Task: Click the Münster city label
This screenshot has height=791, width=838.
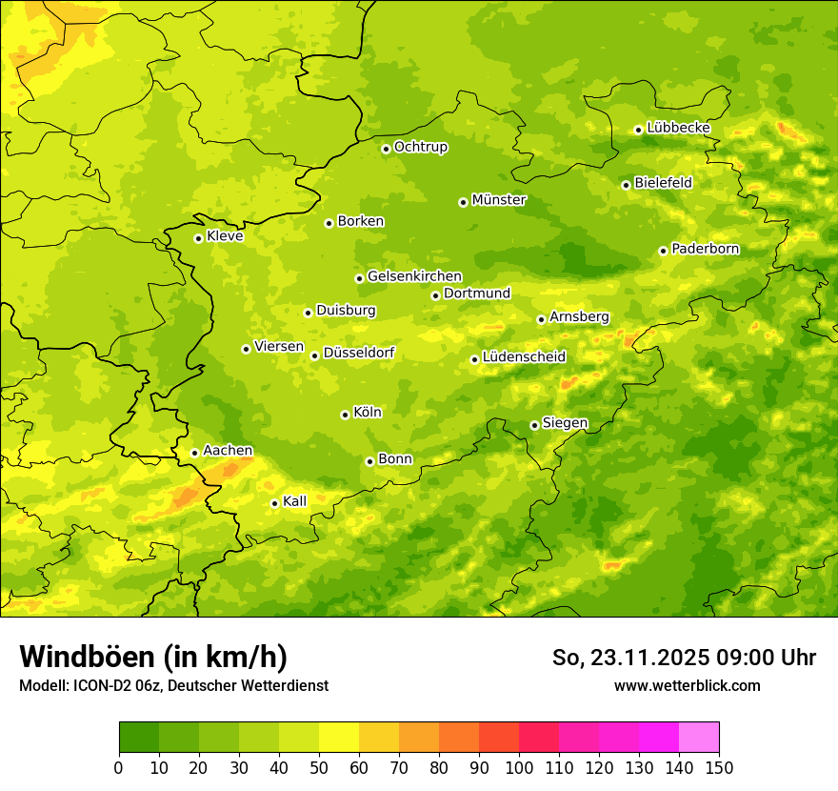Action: pyautogui.click(x=499, y=200)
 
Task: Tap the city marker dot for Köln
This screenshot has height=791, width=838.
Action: pyautogui.click(x=345, y=415)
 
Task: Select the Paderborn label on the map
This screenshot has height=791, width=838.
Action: pyautogui.click(x=706, y=249)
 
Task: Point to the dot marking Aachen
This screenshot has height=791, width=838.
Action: pyautogui.click(x=194, y=453)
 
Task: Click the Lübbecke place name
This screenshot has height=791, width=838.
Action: pyautogui.click(x=679, y=128)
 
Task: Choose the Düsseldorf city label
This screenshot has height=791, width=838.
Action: pyautogui.click(x=359, y=353)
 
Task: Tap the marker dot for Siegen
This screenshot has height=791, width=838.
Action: pyautogui.click(x=534, y=425)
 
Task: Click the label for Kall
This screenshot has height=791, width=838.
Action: pyautogui.click(x=295, y=501)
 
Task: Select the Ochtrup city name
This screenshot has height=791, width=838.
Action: pyautogui.click(x=421, y=147)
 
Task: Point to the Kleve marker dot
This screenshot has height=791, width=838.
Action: pyautogui.click(x=198, y=238)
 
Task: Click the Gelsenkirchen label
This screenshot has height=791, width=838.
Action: pyautogui.click(x=414, y=276)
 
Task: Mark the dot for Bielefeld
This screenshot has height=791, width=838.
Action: pyautogui.click(x=626, y=185)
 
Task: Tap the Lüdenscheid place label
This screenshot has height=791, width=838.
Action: pyautogui.click(x=524, y=357)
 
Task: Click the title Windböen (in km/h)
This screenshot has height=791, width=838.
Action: pyautogui.click(x=153, y=657)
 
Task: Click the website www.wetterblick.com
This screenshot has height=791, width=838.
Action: pyautogui.click(x=687, y=685)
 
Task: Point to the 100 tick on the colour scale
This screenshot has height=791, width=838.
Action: pyautogui.click(x=519, y=767)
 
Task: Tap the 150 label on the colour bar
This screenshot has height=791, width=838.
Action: pyautogui.click(x=719, y=767)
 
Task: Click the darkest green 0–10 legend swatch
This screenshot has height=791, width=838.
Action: pyautogui.click(x=139, y=738)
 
